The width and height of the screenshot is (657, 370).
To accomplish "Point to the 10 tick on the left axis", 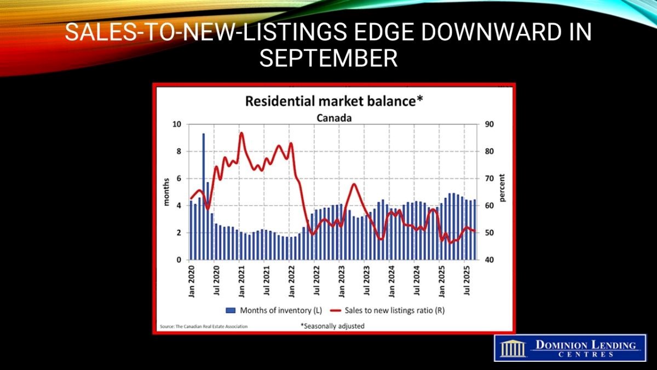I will pyautogui.click(x=177, y=124).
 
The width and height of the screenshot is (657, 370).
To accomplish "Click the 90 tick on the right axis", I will pyautogui.click(x=489, y=124).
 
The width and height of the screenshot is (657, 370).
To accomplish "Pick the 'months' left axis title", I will pyautogui.click(x=168, y=192).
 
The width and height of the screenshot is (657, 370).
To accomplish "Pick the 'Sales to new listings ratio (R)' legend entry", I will pyautogui.click(x=390, y=310).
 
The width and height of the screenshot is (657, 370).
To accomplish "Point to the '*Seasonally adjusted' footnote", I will pyautogui.click(x=332, y=326).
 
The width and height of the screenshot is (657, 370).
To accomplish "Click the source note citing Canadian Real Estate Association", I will pyautogui.click(x=203, y=326).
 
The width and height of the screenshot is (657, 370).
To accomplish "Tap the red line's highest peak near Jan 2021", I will pyautogui.click(x=241, y=133).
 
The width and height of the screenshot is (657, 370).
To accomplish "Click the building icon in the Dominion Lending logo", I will pyautogui.click(x=513, y=348).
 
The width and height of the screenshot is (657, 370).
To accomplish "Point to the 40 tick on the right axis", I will pyautogui.click(x=489, y=260).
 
